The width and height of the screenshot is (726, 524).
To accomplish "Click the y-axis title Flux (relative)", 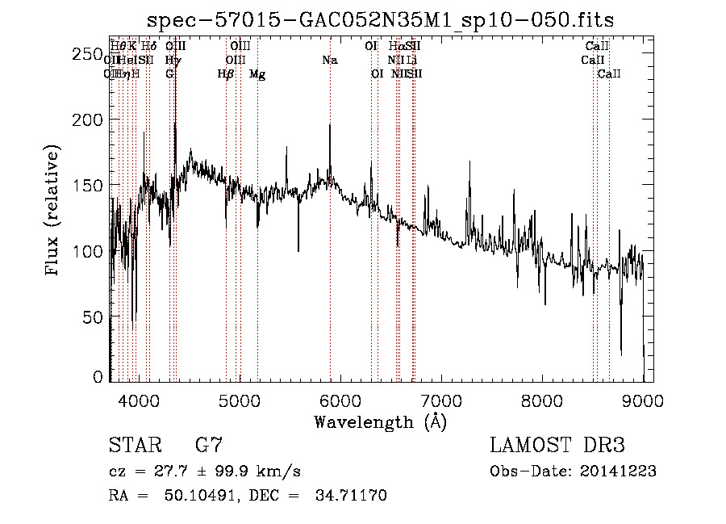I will pyautogui.click(x=53, y=212).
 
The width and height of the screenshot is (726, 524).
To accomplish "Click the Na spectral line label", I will pyautogui.click(x=329, y=60).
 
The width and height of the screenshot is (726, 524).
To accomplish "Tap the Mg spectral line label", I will pyautogui.click(x=257, y=74).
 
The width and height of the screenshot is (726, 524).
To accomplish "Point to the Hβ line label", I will pyautogui.click(x=226, y=74).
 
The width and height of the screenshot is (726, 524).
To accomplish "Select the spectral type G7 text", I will pyautogui.click(x=209, y=445).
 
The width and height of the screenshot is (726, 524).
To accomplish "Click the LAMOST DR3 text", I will pyautogui.click(x=557, y=445).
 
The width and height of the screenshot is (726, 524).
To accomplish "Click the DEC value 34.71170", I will pyautogui.click(x=352, y=495).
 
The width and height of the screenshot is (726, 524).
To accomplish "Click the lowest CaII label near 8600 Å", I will pyautogui.click(x=609, y=74).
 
